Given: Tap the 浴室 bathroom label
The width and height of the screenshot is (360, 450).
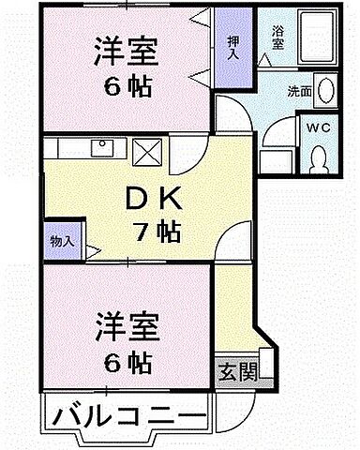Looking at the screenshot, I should (277, 35).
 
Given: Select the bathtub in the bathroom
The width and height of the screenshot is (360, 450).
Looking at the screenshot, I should (313, 40).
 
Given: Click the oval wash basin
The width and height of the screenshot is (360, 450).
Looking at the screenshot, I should (325, 91).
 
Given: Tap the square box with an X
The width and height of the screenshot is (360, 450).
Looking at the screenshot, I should (147, 150).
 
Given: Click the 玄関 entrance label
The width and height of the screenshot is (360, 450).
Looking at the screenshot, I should (236, 369).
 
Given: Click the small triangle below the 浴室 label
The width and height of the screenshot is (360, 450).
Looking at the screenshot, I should (266, 58).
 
